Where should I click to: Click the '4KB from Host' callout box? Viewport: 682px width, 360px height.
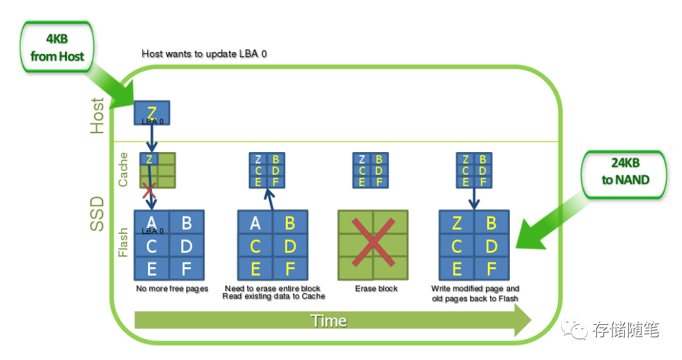(x=57, y=47)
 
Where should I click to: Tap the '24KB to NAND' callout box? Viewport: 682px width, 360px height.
(x=625, y=174)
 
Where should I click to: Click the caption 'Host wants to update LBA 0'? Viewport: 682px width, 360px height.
(x=204, y=54)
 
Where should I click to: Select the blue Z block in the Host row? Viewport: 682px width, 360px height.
(x=152, y=113)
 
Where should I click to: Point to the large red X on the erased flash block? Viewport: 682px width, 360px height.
(x=373, y=242)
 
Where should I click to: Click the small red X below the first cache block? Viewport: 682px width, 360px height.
(x=149, y=190)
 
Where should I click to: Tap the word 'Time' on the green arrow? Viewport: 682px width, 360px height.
(x=329, y=321)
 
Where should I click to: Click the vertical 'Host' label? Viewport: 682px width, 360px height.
(x=97, y=116)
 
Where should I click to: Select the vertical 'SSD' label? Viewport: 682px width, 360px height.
(x=97, y=214)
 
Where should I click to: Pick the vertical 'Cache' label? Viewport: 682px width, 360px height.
(x=123, y=170)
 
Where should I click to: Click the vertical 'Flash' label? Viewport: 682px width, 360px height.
(x=123, y=242)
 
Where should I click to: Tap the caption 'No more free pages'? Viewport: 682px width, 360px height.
(x=172, y=289)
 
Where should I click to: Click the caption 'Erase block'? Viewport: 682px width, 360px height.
(x=376, y=289)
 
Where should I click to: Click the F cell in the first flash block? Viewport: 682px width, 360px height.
(x=186, y=269)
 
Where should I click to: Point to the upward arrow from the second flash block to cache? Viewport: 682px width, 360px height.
(x=270, y=199)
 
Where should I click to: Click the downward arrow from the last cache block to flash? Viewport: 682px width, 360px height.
(x=474, y=199)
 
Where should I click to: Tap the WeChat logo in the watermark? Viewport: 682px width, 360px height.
(x=574, y=329)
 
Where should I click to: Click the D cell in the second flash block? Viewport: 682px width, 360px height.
(x=290, y=246)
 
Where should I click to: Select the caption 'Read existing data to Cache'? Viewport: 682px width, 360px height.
(x=273, y=296)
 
